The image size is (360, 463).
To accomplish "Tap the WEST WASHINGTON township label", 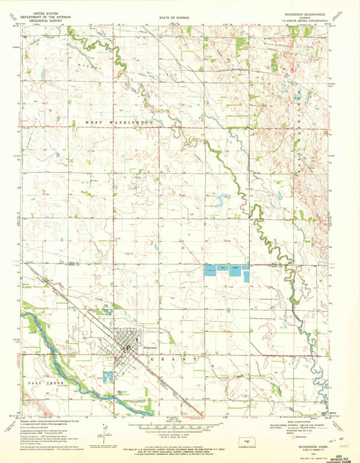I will click(x=119, y=122).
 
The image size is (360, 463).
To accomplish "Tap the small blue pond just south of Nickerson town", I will click(x=109, y=376).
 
